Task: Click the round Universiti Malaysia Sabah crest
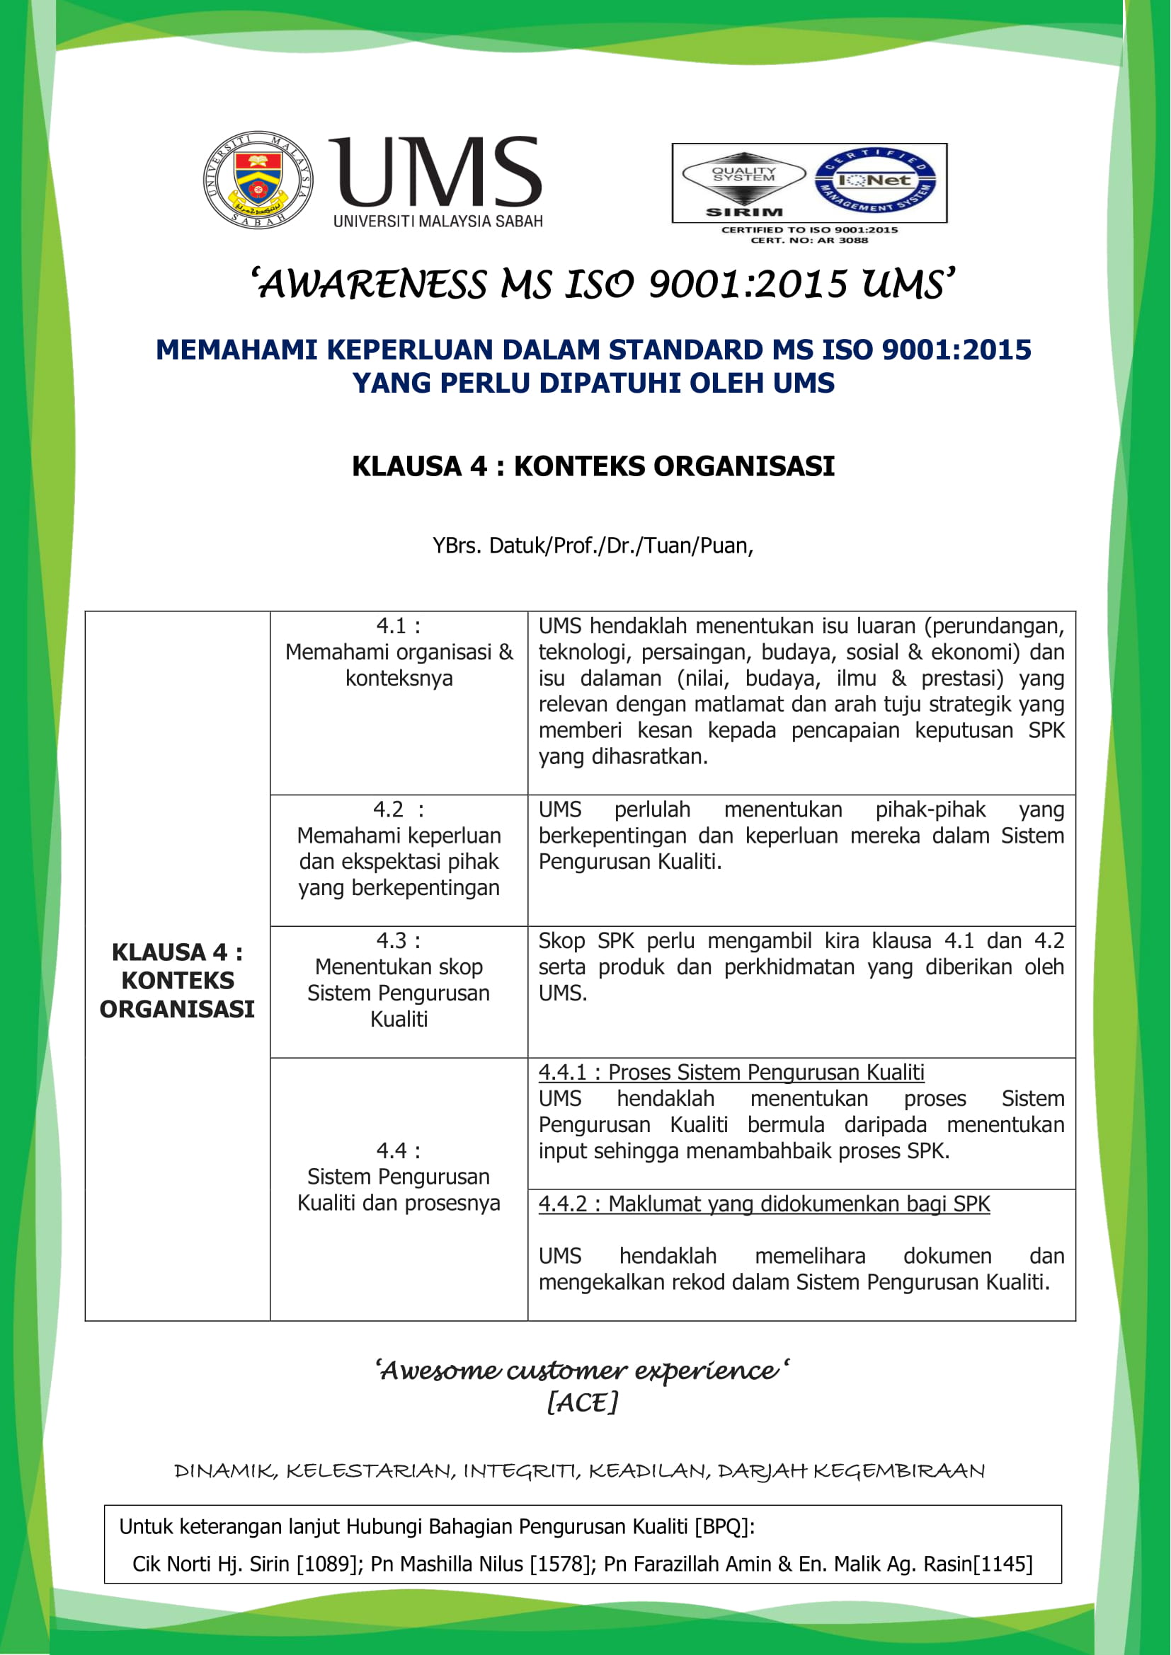click(258, 180)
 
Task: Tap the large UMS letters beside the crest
click(435, 171)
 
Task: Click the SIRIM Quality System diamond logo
click(743, 182)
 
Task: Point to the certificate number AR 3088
click(843, 240)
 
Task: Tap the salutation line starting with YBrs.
click(593, 546)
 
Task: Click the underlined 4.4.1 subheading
click(731, 1073)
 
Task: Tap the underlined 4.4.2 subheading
click(764, 1204)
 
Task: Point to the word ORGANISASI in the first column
click(178, 1009)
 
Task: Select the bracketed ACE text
click(583, 1402)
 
